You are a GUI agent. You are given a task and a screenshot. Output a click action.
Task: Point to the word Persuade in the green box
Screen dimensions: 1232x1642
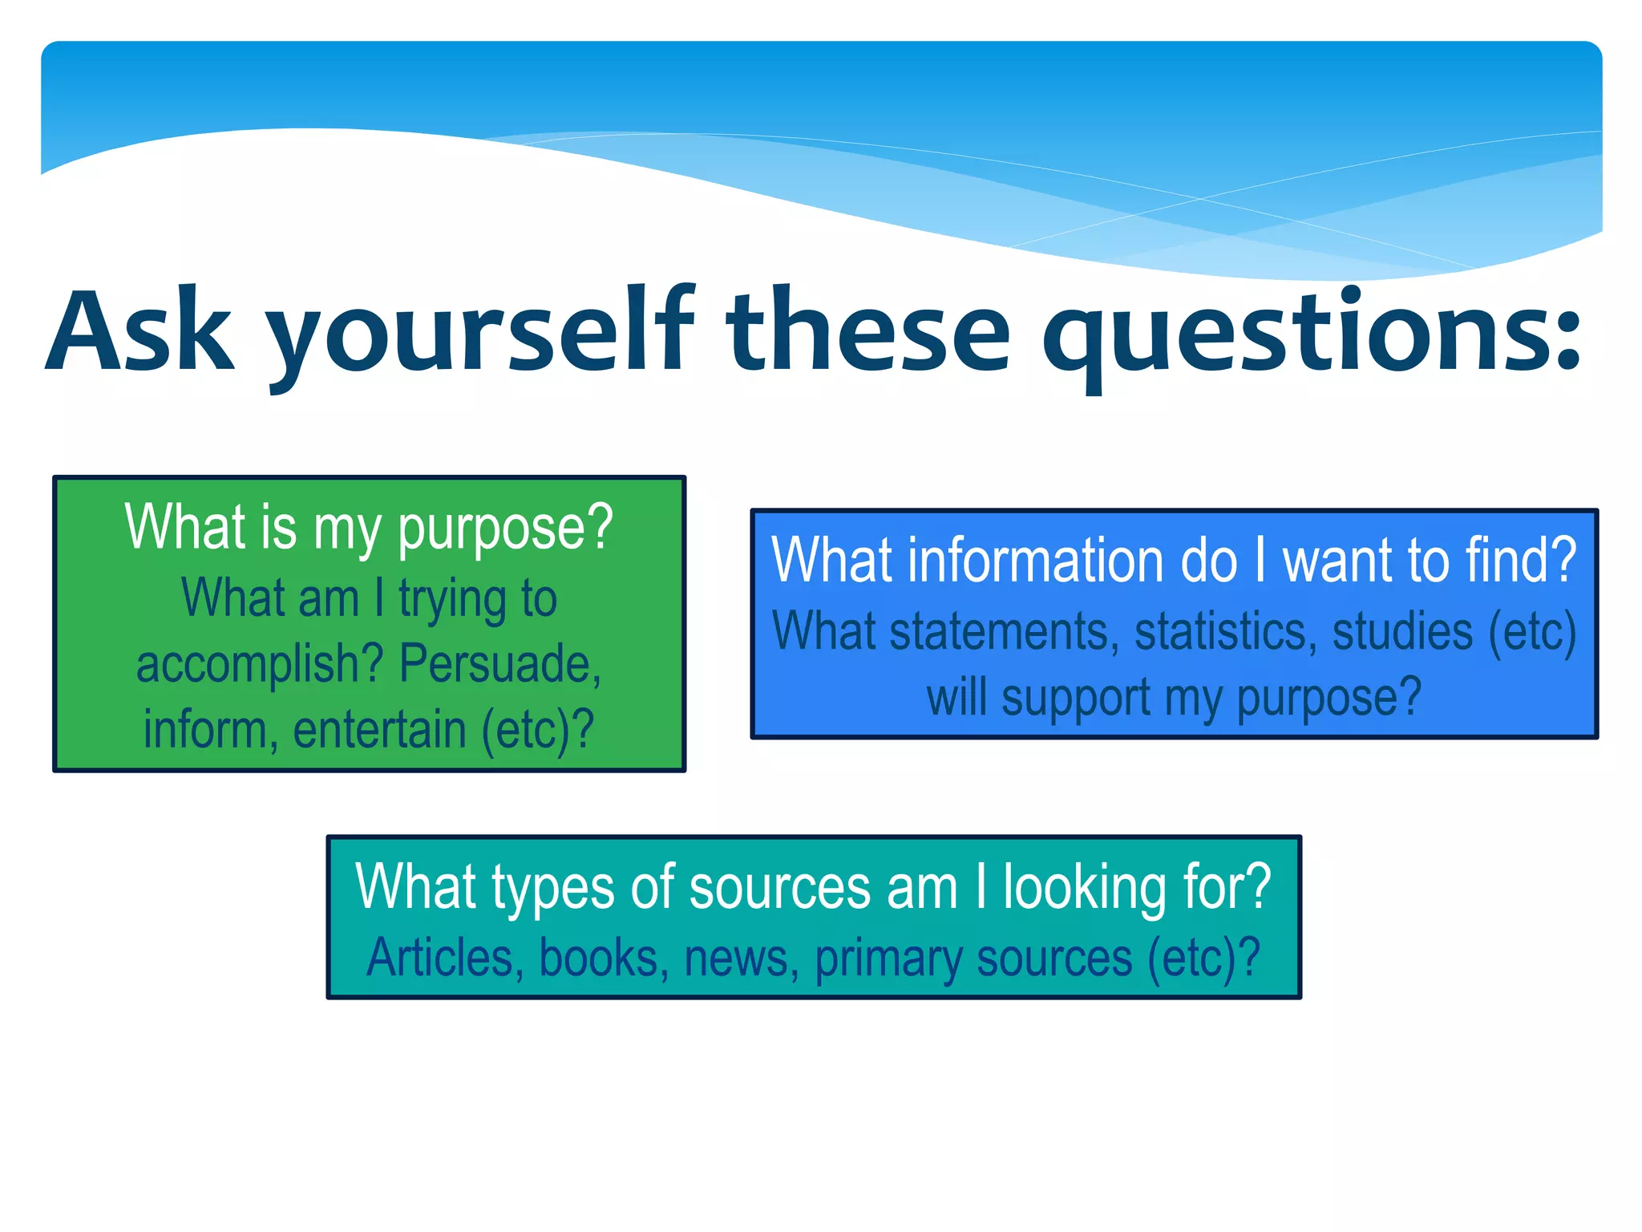pyautogui.click(x=499, y=664)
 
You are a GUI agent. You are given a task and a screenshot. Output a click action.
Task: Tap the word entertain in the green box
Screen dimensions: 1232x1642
pyautogui.click(x=380, y=729)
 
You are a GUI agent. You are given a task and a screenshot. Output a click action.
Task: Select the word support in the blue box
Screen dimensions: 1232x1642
pyautogui.click(x=1076, y=697)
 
